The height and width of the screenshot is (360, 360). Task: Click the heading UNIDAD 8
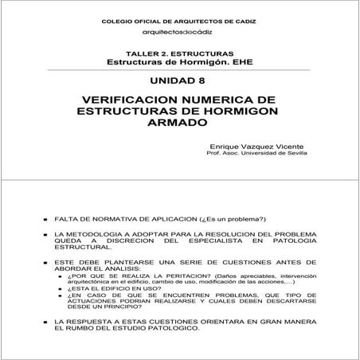click(178, 80)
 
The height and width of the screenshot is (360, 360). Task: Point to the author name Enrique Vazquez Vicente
click(247, 147)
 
